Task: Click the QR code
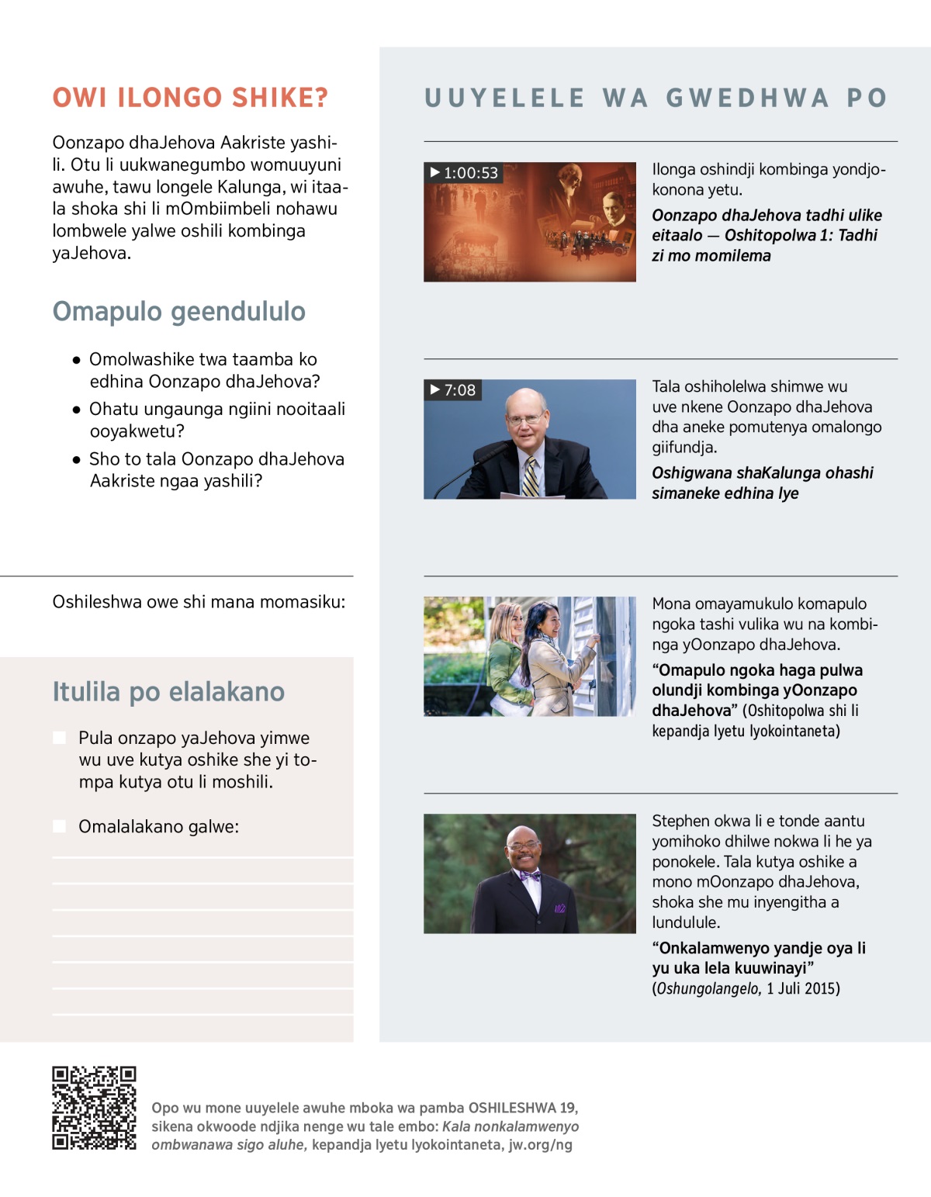pyautogui.click(x=94, y=1108)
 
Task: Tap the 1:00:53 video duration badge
pyautogui.click(x=464, y=172)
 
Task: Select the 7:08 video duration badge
pyautogui.click(x=453, y=389)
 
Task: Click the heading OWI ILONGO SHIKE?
pyautogui.click(x=190, y=98)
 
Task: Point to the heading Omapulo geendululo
pyautogui.click(x=178, y=311)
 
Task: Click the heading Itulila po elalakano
pyautogui.click(x=168, y=691)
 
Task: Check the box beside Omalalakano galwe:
pyautogui.click(x=59, y=826)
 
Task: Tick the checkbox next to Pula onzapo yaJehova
pyautogui.click(x=59, y=738)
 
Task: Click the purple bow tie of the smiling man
pyautogui.click(x=531, y=876)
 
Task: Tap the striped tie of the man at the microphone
pyautogui.click(x=530, y=476)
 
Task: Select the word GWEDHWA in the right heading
pyautogui.click(x=747, y=98)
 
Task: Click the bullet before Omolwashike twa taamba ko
pyautogui.click(x=76, y=360)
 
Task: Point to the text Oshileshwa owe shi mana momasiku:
pyautogui.click(x=199, y=601)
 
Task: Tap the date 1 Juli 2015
pyautogui.click(x=803, y=988)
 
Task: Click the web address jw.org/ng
pyautogui.click(x=540, y=1144)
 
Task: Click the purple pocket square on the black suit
pyautogui.click(x=560, y=908)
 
